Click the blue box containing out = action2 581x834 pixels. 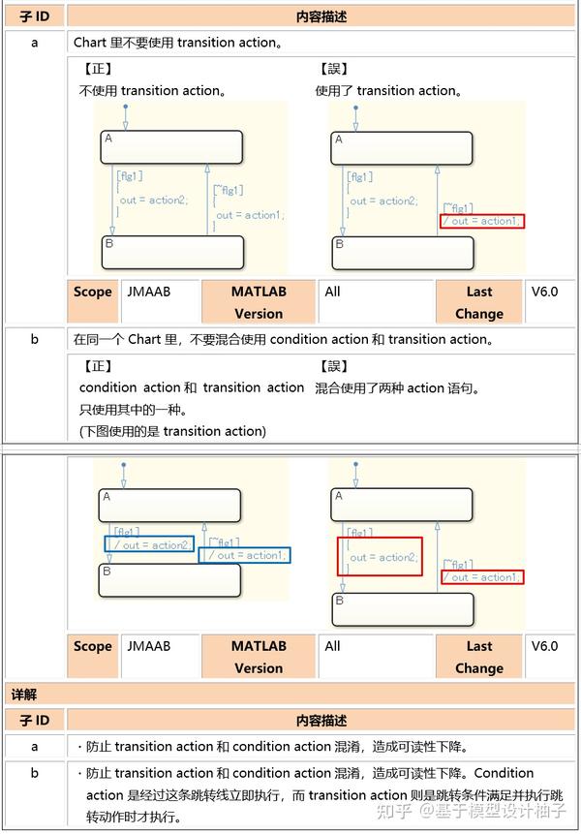[149, 545]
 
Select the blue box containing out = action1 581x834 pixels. [244, 555]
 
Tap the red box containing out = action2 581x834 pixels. [380, 557]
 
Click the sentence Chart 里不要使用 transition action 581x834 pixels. [179, 43]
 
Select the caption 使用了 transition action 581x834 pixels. [388, 91]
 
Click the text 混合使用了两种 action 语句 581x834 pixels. [397, 388]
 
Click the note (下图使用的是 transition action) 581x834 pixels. [172, 431]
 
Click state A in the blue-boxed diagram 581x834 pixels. [168, 506]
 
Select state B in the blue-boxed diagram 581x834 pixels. [168, 580]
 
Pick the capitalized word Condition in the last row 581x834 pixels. [504, 773]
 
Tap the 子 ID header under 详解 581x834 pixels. [34, 721]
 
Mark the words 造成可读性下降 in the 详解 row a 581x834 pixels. [419, 747]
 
